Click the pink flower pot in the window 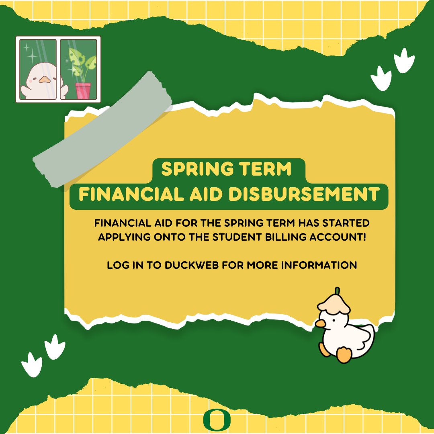[82, 90]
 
